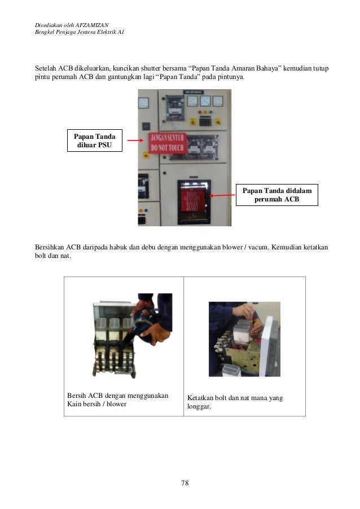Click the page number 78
point(184,483)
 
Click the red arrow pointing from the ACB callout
point(222,195)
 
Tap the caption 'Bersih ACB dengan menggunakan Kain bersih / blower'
point(117,400)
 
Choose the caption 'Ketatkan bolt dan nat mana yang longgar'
point(235,402)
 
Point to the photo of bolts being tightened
point(244,339)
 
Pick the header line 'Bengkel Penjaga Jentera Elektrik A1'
point(79,32)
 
